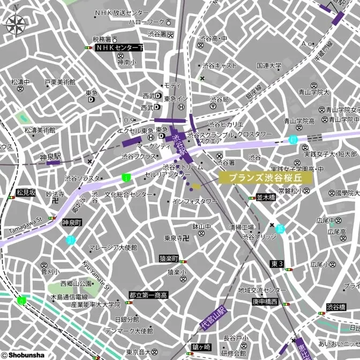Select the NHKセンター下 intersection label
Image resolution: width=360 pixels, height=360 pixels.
pyautogui.click(x=118, y=48)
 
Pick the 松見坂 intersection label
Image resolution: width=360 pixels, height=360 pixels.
pyautogui.click(x=26, y=192)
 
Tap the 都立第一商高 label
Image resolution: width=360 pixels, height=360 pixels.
pyautogui.click(x=148, y=295)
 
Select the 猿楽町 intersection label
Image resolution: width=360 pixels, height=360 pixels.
pyautogui.click(x=169, y=259)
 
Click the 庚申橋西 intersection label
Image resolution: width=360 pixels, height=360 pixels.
pyautogui.click(x=265, y=302)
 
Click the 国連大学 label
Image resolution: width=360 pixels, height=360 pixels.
pyautogui.click(x=268, y=66)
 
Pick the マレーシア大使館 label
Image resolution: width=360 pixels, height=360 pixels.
pyautogui.click(x=112, y=247)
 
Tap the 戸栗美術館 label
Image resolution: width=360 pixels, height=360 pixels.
pyautogui.click(x=59, y=82)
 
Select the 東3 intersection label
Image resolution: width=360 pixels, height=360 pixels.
pyautogui.click(x=277, y=264)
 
